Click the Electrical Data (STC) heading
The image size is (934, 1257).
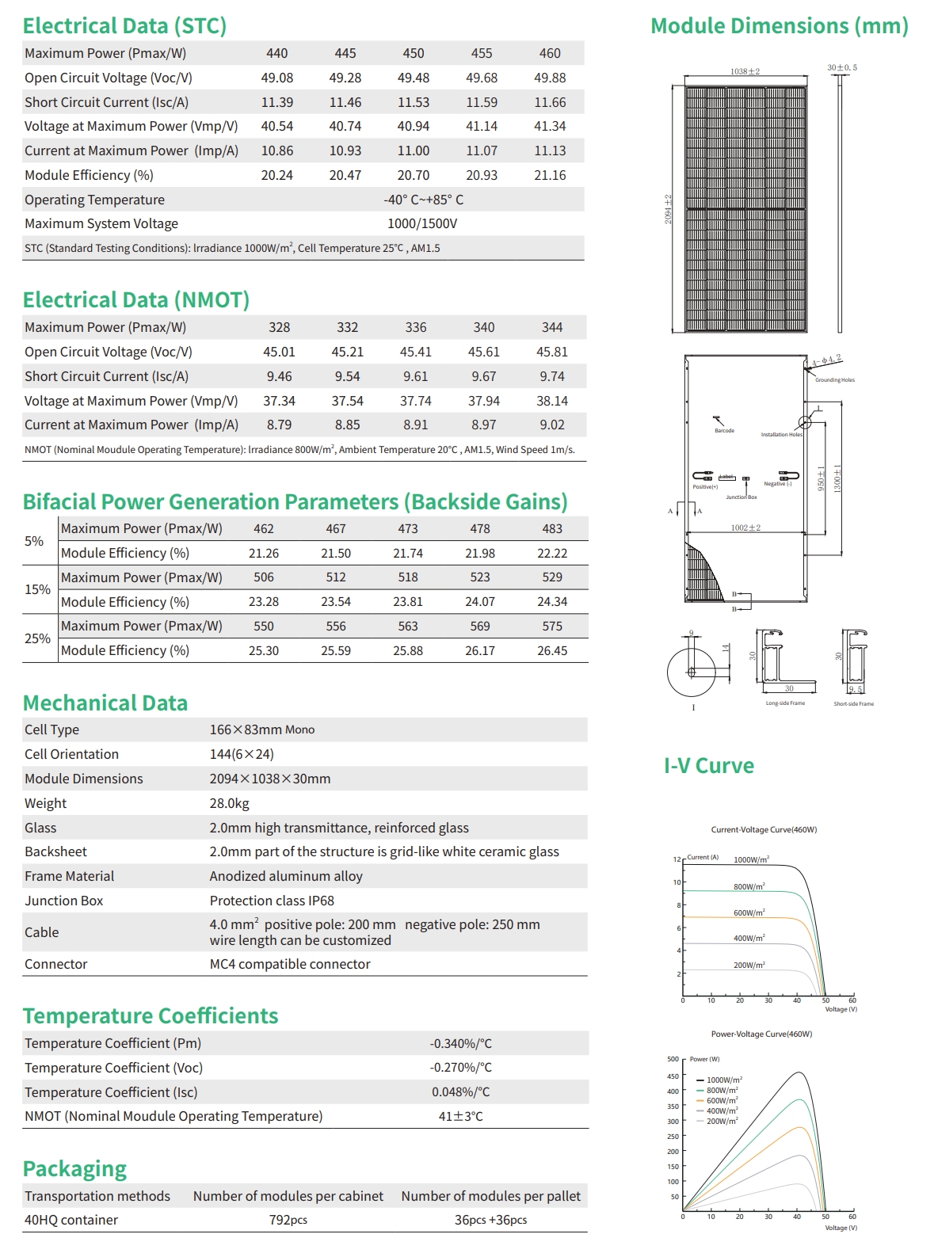tap(124, 26)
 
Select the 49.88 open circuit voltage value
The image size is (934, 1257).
tap(550, 78)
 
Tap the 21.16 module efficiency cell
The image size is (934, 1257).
tap(550, 175)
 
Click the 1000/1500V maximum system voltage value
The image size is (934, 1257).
tap(422, 224)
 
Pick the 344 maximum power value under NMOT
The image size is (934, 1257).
tap(552, 327)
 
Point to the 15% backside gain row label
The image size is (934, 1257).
tap(37, 589)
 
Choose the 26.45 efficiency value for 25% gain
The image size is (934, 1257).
tap(552, 650)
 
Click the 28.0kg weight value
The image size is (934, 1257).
tap(229, 803)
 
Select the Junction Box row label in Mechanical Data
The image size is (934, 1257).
tap(64, 901)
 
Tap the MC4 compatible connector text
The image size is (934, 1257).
tap(290, 964)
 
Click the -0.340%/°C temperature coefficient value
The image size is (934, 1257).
tap(461, 1044)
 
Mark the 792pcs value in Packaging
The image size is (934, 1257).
tap(288, 1220)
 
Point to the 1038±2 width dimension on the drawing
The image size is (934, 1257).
tap(745, 71)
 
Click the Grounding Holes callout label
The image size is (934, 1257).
tap(835, 380)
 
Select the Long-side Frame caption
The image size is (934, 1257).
tap(785, 703)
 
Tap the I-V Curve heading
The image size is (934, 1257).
tap(709, 766)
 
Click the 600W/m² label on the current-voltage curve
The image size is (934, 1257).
tap(749, 913)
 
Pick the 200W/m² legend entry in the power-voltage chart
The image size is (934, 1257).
tap(722, 1121)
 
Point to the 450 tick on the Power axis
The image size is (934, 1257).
tap(673, 1076)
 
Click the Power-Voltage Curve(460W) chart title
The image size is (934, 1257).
tap(761, 1034)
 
